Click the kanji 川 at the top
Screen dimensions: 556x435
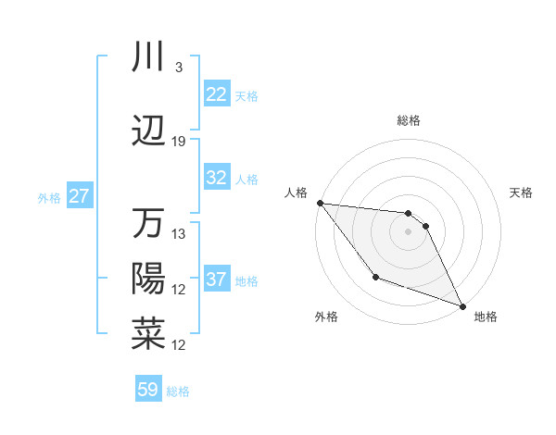pos(148,57)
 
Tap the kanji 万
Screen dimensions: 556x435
pos(148,224)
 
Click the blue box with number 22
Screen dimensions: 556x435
pos(217,94)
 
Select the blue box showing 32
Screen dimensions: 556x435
pos(217,178)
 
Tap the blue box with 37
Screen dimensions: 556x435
pos(217,280)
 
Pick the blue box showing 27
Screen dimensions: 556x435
pos(79,196)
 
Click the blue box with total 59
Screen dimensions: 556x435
pos(148,390)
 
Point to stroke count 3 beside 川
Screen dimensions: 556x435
pos(178,68)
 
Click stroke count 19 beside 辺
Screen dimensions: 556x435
pos(179,142)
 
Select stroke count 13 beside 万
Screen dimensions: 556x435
pos(179,234)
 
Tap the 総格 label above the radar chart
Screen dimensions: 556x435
pos(409,120)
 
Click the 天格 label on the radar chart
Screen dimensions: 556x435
pos(522,193)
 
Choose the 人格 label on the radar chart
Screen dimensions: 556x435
pos(296,193)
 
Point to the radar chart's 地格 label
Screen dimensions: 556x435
pos(486,317)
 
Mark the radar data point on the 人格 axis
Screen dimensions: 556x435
pos(320,203)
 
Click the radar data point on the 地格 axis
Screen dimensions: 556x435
pos(463,306)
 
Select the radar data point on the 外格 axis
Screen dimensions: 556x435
pos(375,277)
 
